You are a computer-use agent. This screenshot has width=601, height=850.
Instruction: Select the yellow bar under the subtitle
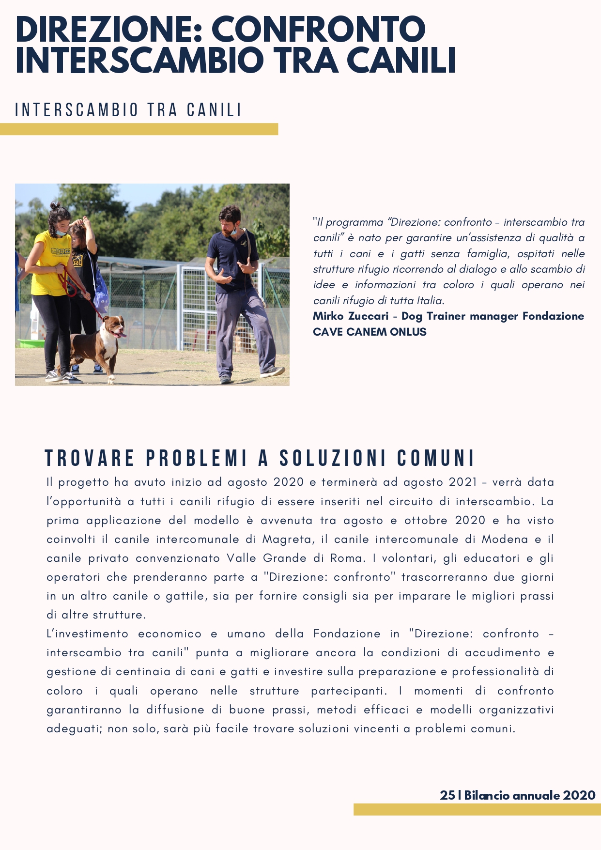139,129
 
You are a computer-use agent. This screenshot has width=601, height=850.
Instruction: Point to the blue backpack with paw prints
101,293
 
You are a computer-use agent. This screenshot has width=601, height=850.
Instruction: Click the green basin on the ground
31,344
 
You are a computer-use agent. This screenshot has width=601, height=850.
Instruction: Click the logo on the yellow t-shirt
62,251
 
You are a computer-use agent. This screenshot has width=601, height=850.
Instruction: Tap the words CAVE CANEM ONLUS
370,332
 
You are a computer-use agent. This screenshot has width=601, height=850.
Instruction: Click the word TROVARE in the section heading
90,458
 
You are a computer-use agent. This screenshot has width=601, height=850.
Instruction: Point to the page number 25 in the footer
447,795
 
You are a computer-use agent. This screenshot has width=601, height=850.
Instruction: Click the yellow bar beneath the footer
477,809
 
